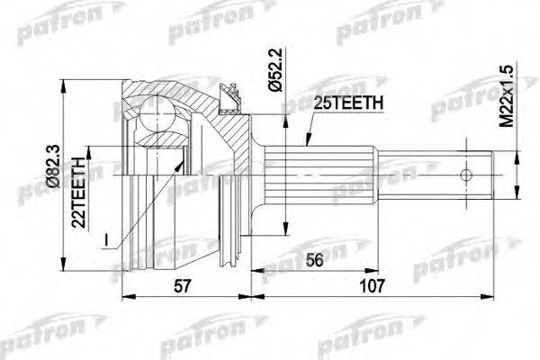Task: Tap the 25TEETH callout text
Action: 347,103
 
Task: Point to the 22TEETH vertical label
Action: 78,193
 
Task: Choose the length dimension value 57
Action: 182,286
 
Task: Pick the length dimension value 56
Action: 314,260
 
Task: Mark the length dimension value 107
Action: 372,286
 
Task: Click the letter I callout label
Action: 106,240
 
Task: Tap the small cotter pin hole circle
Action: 466,175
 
